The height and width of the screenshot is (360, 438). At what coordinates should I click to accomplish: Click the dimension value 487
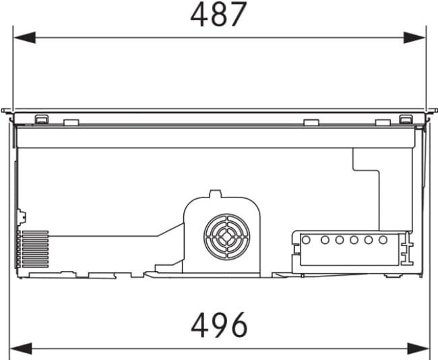(x=219, y=14)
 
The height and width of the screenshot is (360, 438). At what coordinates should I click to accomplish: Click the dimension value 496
(x=219, y=326)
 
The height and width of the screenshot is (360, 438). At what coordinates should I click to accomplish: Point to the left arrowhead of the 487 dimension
(x=24, y=38)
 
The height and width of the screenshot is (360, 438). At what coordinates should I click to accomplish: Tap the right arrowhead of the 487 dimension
(x=414, y=38)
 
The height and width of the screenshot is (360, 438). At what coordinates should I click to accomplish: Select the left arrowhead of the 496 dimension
(x=21, y=349)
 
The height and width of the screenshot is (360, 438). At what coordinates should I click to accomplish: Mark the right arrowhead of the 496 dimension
(x=418, y=349)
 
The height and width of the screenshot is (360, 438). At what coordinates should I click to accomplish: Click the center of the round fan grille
(x=227, y=237)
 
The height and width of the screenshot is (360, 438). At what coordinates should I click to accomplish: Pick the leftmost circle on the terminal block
(x=306, y=240)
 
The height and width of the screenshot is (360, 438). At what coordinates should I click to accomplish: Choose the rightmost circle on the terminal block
(x=383, y=240)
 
